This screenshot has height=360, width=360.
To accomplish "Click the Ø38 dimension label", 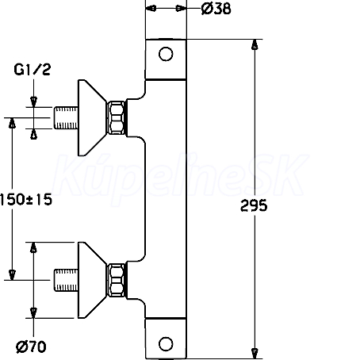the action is point(216,9).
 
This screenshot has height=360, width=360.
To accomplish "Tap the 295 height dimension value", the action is point(254,205).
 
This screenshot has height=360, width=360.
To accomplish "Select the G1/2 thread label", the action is point(32,70).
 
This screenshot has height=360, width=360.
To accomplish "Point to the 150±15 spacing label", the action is point(26,199).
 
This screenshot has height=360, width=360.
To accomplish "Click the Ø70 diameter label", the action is point(31,347).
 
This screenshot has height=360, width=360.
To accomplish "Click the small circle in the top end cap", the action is point(166,54).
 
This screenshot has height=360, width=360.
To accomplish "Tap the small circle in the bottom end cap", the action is point(166,344).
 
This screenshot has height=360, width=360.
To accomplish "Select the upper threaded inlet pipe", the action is point(66,118).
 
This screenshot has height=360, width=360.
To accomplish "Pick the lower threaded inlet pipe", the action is point(66,280).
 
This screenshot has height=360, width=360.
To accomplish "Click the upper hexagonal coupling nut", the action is point(117,117).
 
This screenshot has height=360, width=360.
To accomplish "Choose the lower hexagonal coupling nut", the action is point(117,280).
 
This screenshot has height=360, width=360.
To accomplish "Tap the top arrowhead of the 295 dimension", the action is point(255,44).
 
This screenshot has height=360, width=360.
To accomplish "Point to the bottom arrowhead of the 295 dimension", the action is point(255,354).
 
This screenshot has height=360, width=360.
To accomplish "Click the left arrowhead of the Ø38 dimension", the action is point(151,9).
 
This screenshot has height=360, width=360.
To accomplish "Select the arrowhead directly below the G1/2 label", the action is point(33,101).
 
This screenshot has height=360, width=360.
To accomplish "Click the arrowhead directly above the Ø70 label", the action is point(33,313).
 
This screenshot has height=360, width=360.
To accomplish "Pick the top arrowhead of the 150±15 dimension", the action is point(12,123).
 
